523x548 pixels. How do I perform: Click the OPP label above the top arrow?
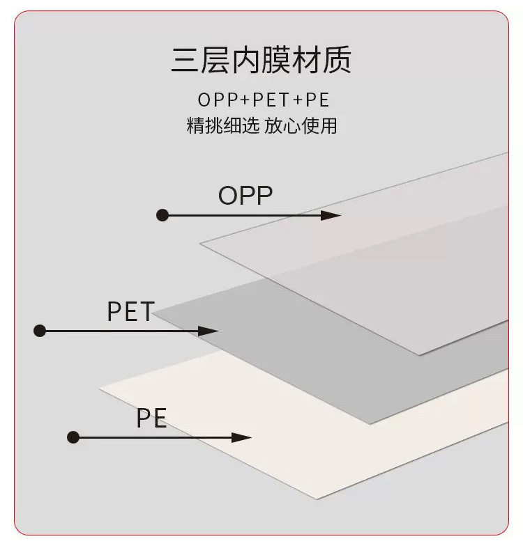(x=245, y=196)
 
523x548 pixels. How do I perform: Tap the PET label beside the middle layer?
(x=130, y=312)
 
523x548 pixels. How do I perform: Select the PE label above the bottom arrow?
(x=151, y=419)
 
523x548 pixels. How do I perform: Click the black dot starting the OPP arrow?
(x=162, y=215)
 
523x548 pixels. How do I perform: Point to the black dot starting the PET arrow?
(x=40, y=331)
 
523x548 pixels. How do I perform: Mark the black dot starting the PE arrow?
(x=74, y=437)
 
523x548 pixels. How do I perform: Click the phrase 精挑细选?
(x=222, y=126)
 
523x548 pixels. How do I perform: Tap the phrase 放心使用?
(x=301, y=126)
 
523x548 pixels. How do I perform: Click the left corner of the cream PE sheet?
(x=102, y=388)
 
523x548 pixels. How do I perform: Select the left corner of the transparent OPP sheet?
(x=202, y=243)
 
